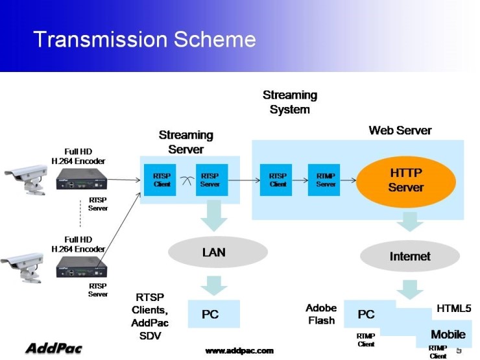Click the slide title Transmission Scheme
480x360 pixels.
tap(145, 40)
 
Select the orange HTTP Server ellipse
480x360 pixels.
tap(405, 180)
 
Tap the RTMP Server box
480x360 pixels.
tap(326, 180)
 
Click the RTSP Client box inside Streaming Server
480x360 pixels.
tap(162, 180)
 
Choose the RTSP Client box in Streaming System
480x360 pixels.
tap(278, 180)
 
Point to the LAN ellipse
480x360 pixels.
tap(214, 252)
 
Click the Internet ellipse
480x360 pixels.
tap(409, 256)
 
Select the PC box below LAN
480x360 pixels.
tap(210, 314)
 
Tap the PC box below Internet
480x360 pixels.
tap(367, 315)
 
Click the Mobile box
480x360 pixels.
tap(447, 335)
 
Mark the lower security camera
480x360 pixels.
tap(23, 265)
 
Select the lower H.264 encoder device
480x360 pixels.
tap(81, 267)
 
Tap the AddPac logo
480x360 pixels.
tap(53, 348)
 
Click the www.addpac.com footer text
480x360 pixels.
tap(239, 350)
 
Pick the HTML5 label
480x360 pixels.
tap(453, 308)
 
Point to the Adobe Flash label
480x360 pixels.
tap(321, 315)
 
